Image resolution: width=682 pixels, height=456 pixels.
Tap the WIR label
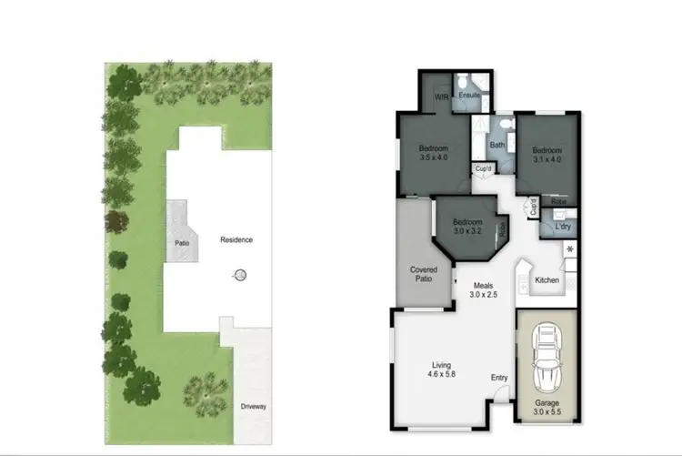[x=442, y=96]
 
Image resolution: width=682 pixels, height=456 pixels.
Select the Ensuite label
[x=469, y=95]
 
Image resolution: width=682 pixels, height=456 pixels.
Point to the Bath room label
[x=497, y=145]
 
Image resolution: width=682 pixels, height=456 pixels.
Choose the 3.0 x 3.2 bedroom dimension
[x=467, y=231]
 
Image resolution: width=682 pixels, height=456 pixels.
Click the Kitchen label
[x=547, y=279]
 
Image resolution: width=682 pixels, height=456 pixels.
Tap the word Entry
[x=500, y=378]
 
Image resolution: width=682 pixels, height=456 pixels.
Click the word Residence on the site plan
[x=236, y=240]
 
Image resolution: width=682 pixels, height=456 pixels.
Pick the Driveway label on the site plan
[x=254, y=406]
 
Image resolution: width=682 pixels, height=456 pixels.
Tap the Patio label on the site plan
[x=183, y=243]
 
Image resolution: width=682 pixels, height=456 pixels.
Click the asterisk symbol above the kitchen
[x=570, y=249]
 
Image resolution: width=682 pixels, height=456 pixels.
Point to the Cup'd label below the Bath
[x=482, y=168]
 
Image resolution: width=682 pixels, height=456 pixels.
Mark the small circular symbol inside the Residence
[x=241, y=275]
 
